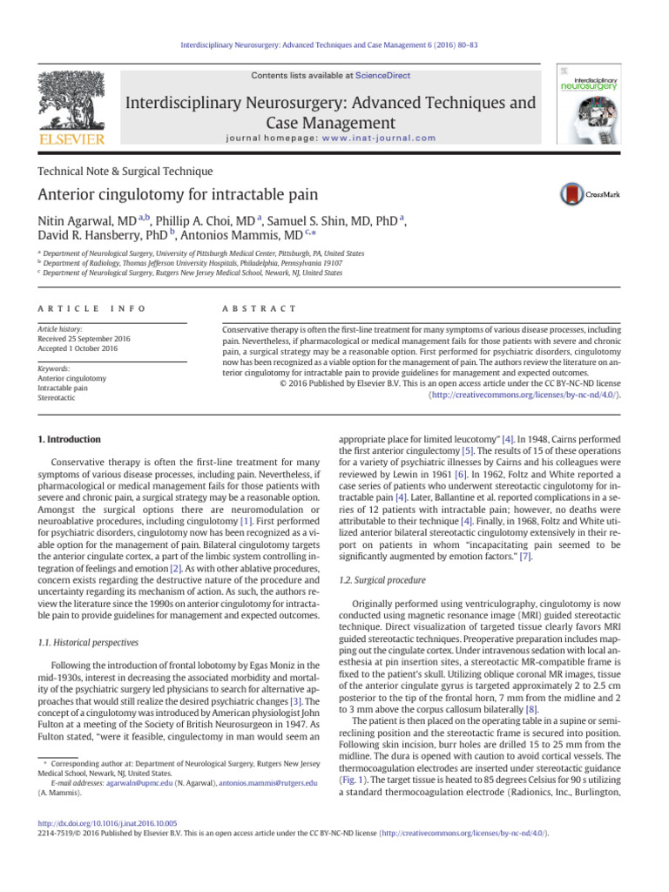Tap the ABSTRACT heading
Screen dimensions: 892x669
coord(260,309)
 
